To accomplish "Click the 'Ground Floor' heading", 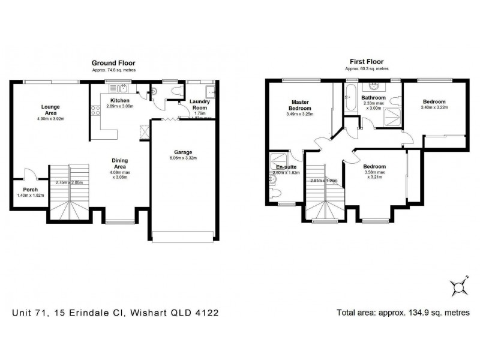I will click(113, 62).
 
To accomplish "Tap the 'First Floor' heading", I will click(366, 62).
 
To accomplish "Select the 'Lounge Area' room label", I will click(50, 110).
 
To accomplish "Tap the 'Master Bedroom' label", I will click(300, 105).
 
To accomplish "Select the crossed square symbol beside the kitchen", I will click(144, 131).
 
